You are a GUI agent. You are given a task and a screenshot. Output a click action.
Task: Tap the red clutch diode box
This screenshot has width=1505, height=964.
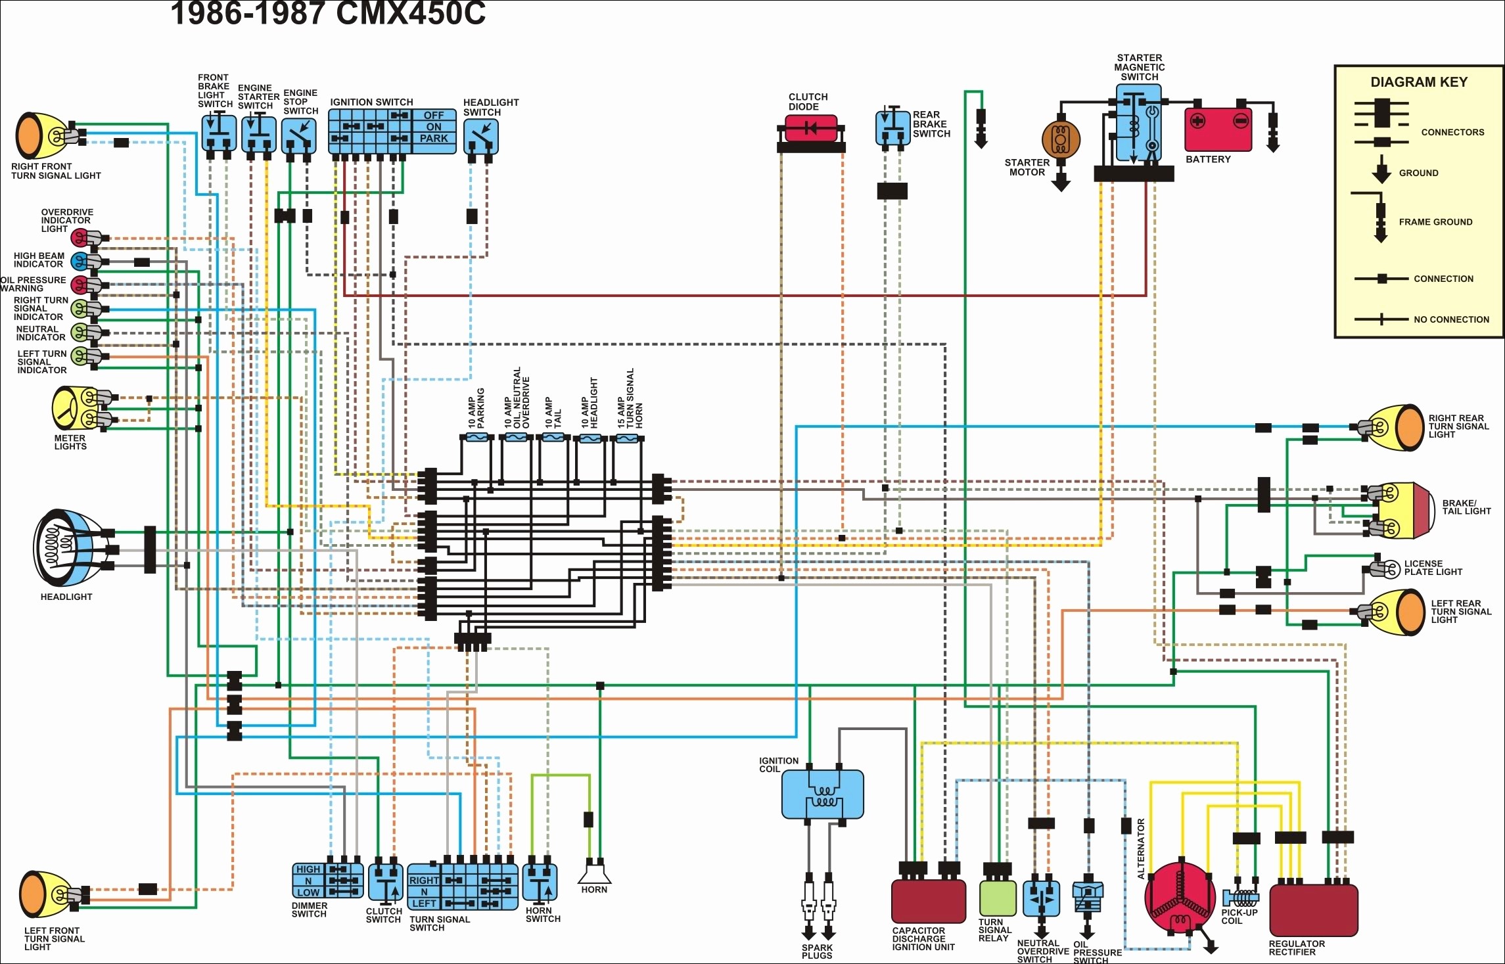(x=811, y=127)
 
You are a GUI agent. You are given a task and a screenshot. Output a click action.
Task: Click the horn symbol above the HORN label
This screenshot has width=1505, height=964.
(x=595, y=875)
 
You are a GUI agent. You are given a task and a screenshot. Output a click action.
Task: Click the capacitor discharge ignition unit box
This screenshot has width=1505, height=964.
(x=929, y=901)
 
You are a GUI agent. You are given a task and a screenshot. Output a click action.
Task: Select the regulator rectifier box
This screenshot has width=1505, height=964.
(x=1313, y=909)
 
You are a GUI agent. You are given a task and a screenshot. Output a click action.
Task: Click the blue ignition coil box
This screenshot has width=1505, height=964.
(x=822, y=794)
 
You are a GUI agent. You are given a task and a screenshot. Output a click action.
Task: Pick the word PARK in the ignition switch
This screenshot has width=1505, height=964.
(x=434, y=139)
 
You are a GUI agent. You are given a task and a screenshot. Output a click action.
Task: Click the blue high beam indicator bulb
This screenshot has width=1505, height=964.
(x=79, y=262)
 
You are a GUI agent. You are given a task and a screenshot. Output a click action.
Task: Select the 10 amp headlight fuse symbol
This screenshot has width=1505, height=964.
(x=590, y=438)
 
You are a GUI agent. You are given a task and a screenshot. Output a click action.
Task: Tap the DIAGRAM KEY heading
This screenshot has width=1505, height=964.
(x=1419, y=82)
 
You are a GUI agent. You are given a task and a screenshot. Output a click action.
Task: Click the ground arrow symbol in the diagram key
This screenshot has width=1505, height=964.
(x=1381, y=170)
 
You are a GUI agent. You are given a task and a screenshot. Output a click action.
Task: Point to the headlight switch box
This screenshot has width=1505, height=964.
(x=481, y=137)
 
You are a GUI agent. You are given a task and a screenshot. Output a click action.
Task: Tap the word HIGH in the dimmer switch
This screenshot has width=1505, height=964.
(x=308, y=869)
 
